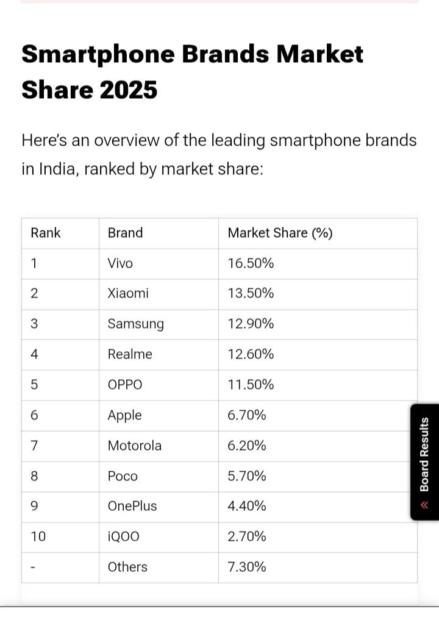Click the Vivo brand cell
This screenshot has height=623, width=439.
coord(120,263)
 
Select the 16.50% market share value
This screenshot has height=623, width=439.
coord(251,263)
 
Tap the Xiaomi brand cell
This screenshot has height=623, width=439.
coord(128,293)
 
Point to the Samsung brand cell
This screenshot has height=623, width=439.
coord(135,324)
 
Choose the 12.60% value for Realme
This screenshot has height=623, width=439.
coord(251,354)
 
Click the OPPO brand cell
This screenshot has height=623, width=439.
coord(125,385)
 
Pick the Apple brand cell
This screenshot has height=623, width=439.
coord(124,415)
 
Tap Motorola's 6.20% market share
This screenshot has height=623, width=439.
coord(247,446)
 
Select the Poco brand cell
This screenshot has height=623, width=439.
coord(123,476)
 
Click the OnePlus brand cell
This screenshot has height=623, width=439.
coord(132,506)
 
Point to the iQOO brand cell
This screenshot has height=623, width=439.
coord(123,536)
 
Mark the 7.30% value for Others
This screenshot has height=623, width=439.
coord(247,567)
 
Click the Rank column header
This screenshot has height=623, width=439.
coord(46,233)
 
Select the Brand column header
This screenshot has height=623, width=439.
coord(125,233)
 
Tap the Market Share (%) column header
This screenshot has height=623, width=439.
coord(280,233)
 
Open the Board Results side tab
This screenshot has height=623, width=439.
coord(425,461)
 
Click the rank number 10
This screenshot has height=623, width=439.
coord(38,536)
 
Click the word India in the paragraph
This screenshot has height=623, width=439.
coord(57,168)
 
